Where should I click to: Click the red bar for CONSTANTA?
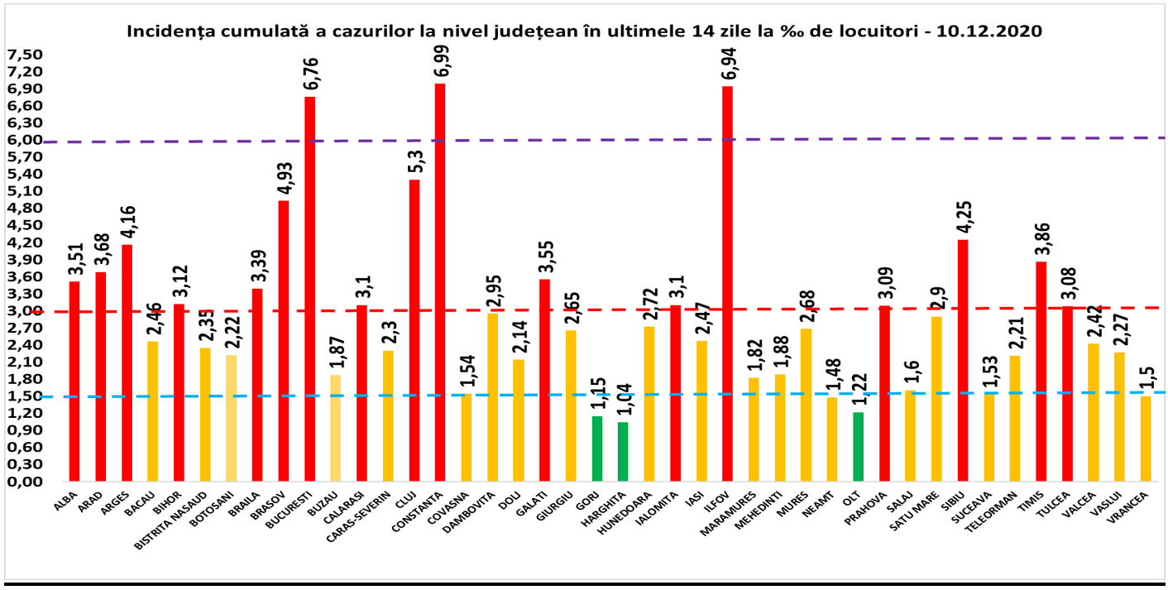coord(440,281)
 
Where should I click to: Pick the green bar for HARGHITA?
coord(623,451)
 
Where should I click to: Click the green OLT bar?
coord(858,446)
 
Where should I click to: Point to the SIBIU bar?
coord(963,360)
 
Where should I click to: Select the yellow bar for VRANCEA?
coord(1146,439)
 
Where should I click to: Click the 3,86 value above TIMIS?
coord(1041,235)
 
